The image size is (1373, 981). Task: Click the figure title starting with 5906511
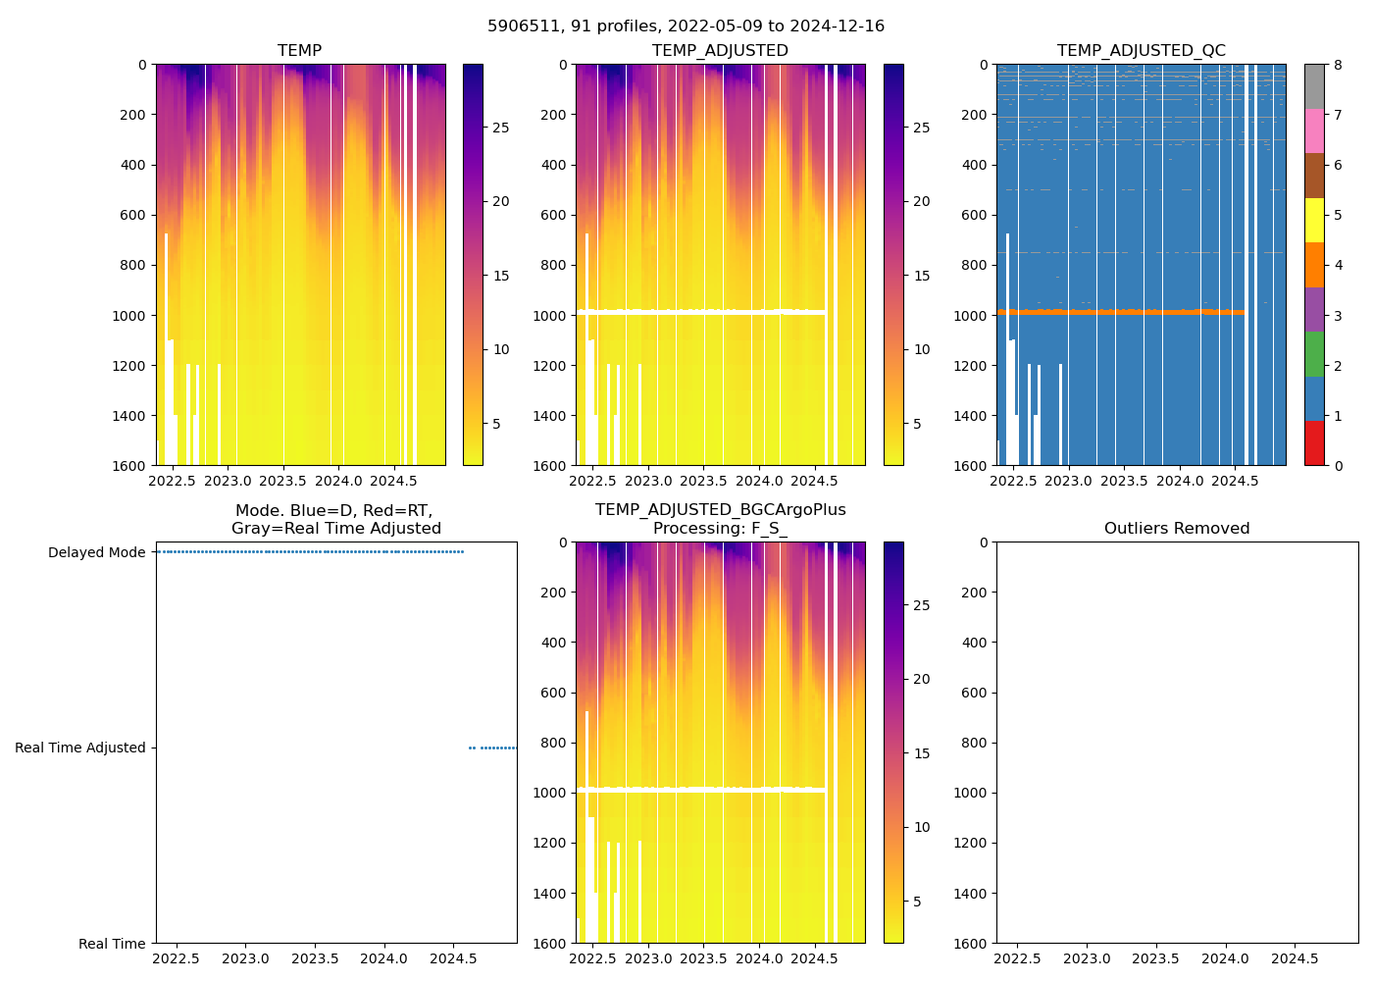point(686,26)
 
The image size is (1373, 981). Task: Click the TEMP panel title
point(299,51)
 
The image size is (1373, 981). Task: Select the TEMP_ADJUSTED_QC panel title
point(1141,51)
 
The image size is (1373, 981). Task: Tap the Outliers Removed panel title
point(1177,529)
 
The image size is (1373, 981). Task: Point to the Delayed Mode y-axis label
point(96,552)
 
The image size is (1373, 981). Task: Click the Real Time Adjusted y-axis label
point(79,748)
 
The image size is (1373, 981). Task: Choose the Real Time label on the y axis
point(112,944)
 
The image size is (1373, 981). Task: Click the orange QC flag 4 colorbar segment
point(1314,265)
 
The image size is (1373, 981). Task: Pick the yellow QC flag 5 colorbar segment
point(1314,221)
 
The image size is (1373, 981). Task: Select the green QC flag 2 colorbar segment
point(1314,354)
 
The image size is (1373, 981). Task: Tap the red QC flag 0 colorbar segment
point(1314,443)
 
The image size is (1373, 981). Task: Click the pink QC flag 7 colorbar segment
point(1314,131)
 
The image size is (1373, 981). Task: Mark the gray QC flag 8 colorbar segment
point(1314,86)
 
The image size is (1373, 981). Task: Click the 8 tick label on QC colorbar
point(1338,65)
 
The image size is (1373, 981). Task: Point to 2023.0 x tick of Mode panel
point(246,958)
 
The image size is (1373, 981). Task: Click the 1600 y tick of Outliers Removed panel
point(972,944)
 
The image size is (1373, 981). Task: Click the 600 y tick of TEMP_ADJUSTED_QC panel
point(972,215)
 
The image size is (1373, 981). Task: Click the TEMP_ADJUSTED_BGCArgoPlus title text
point(720,510)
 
